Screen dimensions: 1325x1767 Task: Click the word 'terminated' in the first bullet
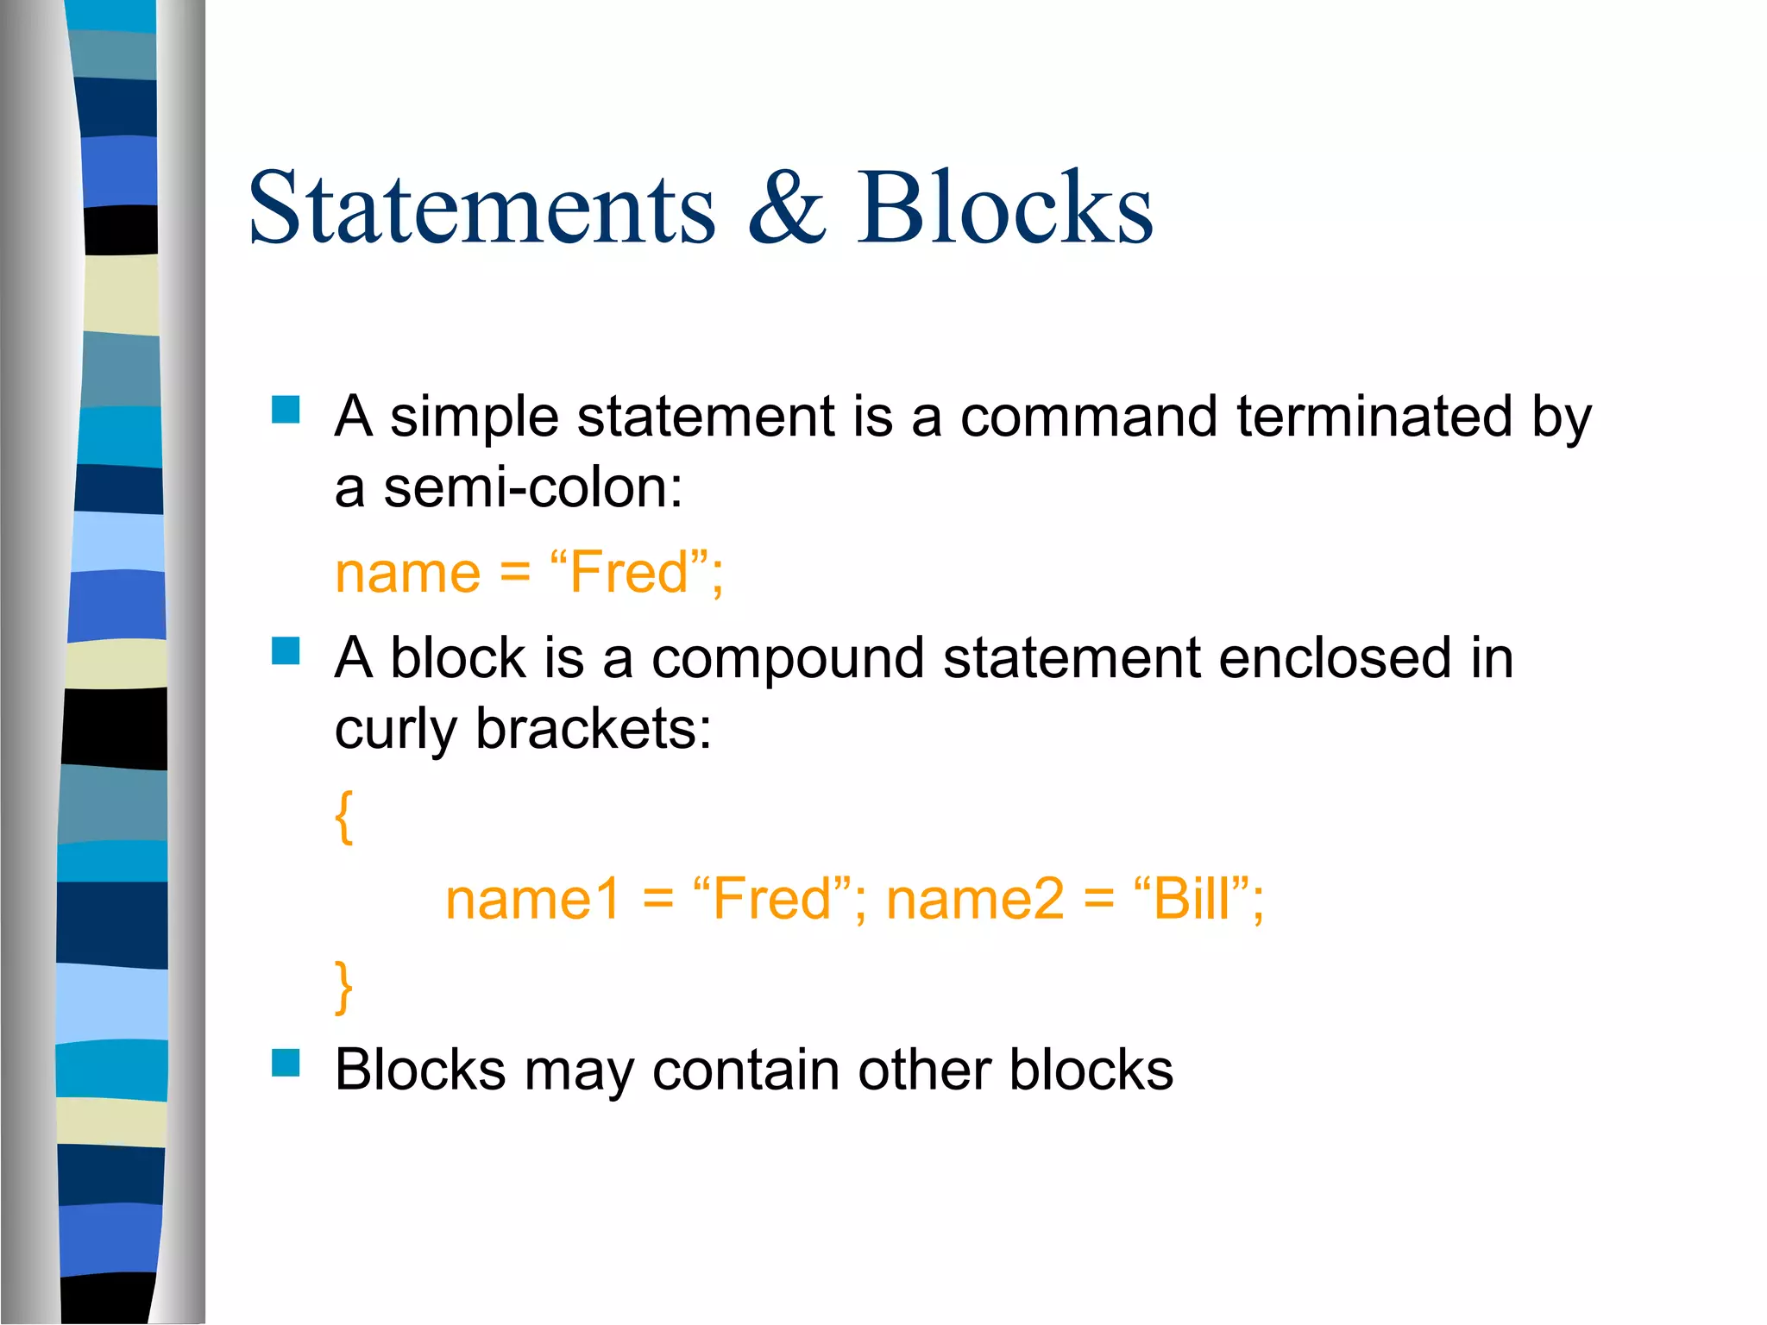coord(1374,417)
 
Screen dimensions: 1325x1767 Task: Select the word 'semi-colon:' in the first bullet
coord(532,488)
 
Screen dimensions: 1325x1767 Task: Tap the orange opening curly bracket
coord(344,816)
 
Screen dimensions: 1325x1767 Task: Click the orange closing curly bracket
coord(344,986)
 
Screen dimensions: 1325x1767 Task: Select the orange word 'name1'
coord(532,900)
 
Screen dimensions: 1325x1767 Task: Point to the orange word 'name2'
coord(975,900)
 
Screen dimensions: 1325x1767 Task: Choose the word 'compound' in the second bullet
coord(788,659)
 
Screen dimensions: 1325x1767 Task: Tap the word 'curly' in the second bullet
coord(395,731)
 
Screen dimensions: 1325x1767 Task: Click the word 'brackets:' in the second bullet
coord(594,729)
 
